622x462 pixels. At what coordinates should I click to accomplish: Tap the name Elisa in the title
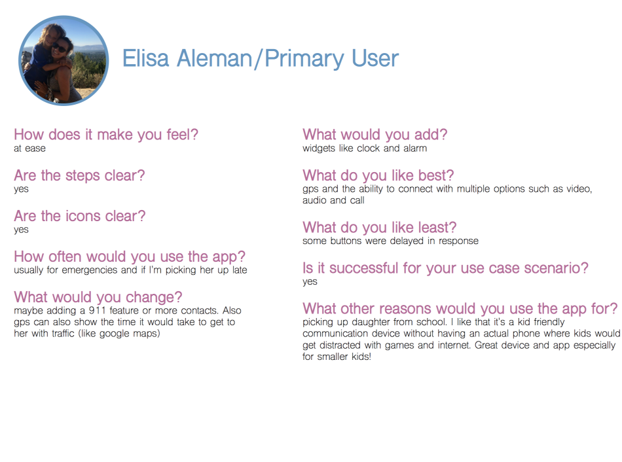tap(145, 59)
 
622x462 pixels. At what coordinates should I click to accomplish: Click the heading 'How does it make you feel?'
tap(106, 135)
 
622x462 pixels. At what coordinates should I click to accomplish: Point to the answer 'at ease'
tap(29, 149)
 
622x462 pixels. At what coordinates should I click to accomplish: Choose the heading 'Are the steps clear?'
tap(79, 175)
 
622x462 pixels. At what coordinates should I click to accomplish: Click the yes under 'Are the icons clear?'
tap(21, 230)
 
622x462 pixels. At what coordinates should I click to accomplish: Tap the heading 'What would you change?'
tap(98, 298)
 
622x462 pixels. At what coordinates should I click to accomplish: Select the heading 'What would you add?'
tap(375, 135)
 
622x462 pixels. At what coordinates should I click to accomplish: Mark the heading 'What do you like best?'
tap(378, 175)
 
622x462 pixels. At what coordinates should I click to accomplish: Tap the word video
tap(577, 189)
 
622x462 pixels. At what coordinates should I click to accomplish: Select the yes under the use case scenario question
tap(310, 282)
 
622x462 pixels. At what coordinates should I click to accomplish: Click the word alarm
tap(414, 149)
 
